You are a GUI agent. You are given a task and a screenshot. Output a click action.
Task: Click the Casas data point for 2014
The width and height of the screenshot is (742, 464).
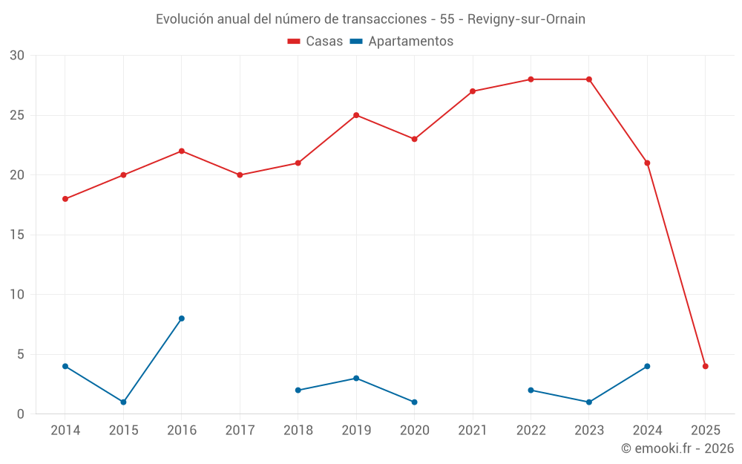[x=65, y=199]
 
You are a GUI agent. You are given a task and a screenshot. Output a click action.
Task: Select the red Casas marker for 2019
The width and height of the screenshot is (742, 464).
[x=356, y=115]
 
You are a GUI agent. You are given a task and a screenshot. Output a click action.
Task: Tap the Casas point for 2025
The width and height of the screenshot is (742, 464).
[x=706, y=366]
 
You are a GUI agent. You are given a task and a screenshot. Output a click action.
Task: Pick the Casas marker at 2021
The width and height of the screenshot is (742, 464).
[x=473, y=91]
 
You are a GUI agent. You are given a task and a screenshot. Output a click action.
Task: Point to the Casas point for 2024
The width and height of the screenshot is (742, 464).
[x=647, y=163]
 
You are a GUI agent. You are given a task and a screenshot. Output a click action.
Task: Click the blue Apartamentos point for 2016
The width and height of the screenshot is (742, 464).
[x=182, y=318]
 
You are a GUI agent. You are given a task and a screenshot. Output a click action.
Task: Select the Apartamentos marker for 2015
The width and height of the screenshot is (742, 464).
[x=123, y=402]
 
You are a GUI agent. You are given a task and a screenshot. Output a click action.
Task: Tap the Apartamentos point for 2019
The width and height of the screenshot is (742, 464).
[x=356, y=378]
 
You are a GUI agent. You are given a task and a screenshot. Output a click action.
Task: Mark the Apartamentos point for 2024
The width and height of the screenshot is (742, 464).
[x=647, y=366]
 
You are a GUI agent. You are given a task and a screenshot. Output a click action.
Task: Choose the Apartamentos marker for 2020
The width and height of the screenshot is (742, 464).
[x=414, y=402]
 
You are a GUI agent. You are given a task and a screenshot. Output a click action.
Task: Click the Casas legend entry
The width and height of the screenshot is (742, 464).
[x=315, y=42]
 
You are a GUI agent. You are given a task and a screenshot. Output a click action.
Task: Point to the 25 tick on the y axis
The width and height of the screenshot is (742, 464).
[x=17, y=115]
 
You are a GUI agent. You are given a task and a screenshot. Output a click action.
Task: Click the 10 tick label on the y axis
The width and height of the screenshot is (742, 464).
[x=17, y=295]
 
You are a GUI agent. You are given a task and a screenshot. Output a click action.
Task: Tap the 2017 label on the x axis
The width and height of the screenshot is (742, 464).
[x=240, y=431]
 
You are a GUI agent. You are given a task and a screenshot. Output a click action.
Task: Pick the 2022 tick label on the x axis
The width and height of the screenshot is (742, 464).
[x=531, y=431]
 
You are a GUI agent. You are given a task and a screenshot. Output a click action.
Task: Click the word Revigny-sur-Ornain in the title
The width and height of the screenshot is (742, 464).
[x=526, y=19]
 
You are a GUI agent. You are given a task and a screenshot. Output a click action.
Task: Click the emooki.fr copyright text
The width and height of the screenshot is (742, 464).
[x=677, y=448]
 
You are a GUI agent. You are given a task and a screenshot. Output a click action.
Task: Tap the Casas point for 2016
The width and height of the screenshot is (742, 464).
[x=182, y=151]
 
